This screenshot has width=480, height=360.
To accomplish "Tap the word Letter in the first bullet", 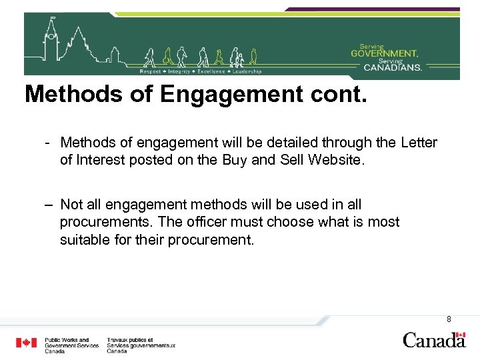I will [419, 143].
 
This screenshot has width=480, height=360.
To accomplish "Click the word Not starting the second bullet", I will [71, 205].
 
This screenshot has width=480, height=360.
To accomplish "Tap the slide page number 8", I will [449, 319].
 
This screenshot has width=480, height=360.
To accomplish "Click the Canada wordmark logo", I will [434, 340].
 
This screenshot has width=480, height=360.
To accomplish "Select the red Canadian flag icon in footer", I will [27, 343].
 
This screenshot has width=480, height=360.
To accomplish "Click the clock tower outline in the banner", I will [51, 40].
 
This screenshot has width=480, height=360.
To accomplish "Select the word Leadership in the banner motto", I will [247, 71].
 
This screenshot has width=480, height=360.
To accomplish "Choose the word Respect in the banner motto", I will [149, 71].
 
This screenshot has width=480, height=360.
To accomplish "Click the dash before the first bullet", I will [49, 143].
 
